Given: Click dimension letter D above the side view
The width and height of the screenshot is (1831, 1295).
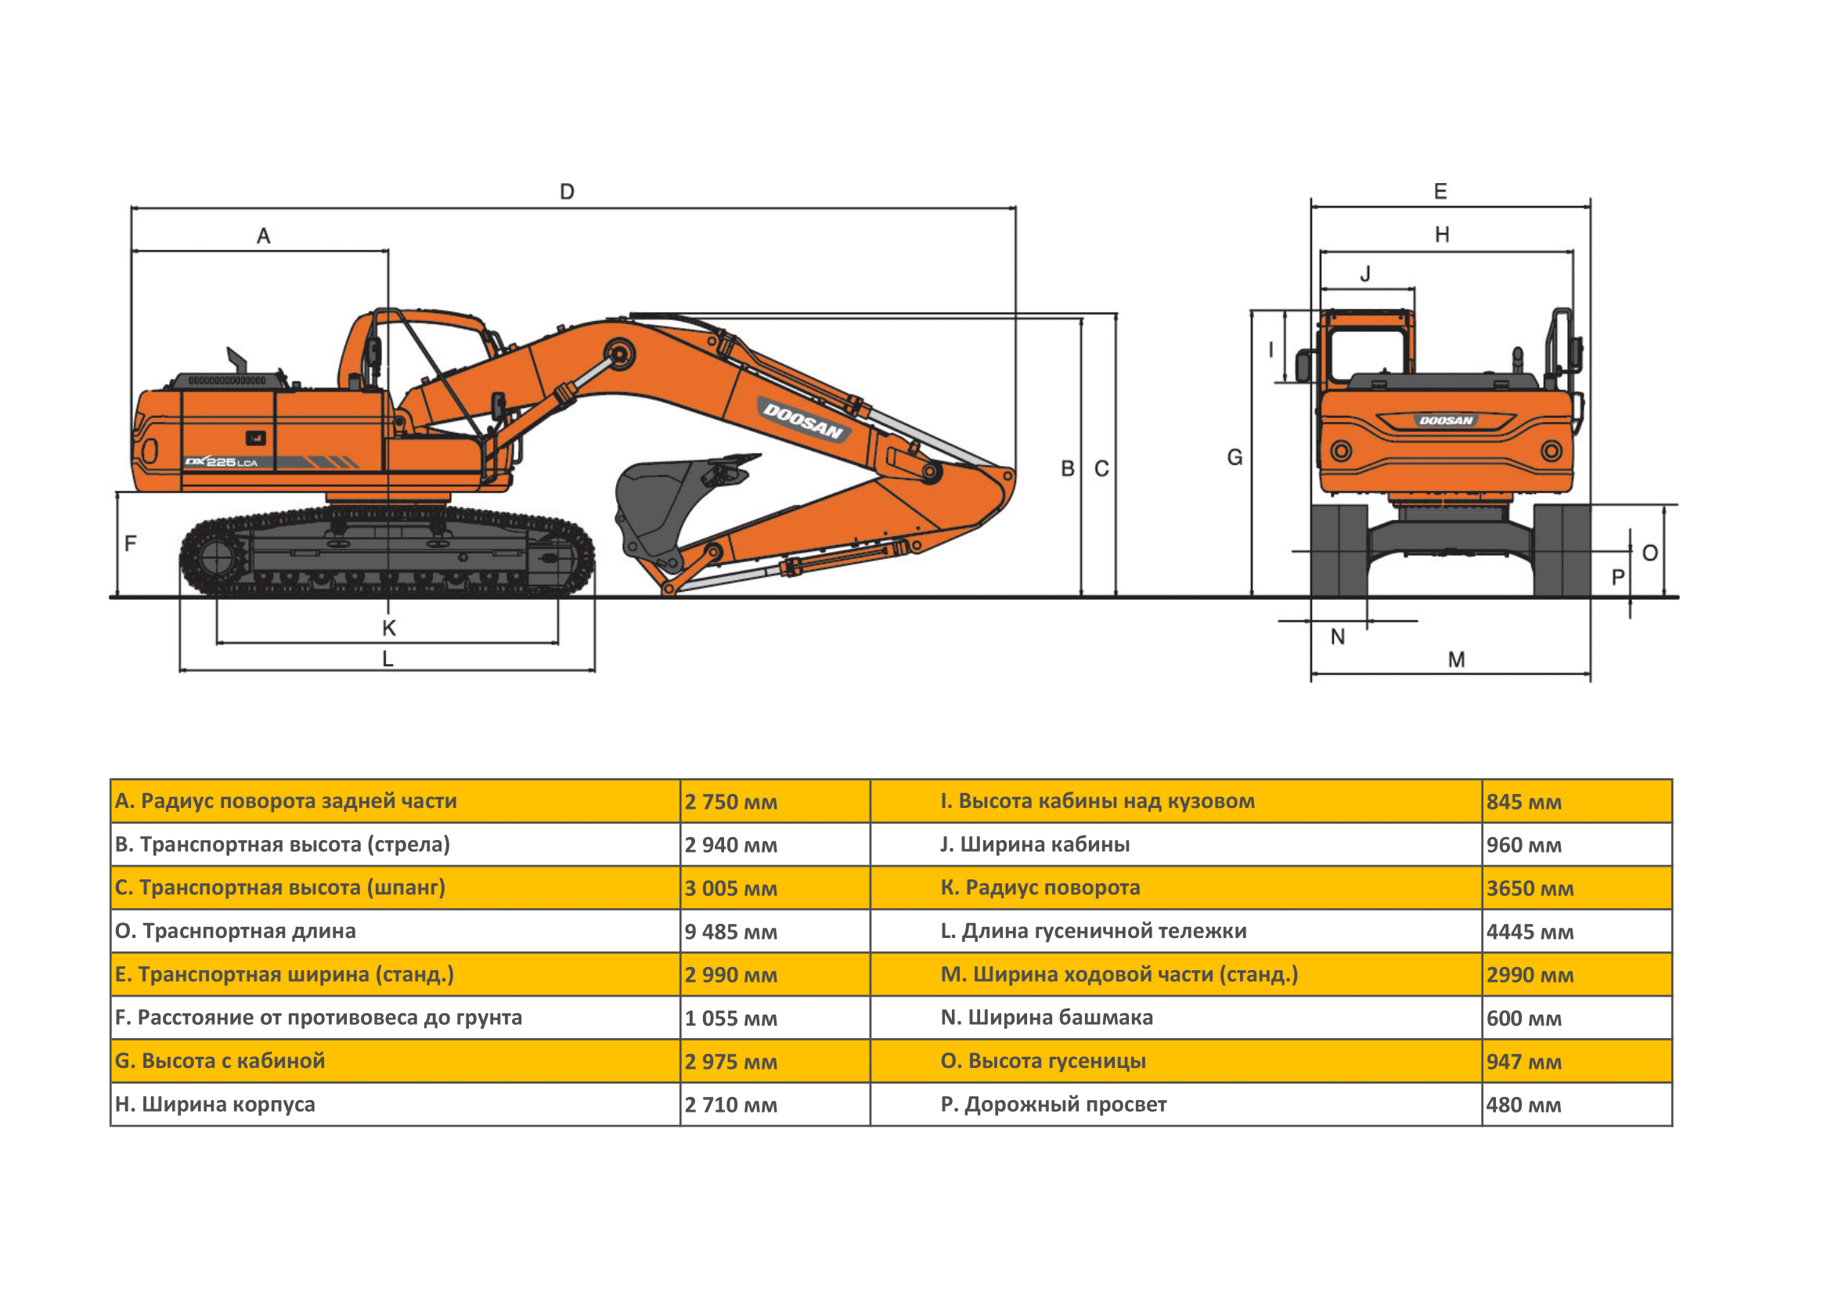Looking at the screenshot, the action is point(567,192).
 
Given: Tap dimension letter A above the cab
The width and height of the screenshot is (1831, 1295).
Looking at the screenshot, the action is point(263,236).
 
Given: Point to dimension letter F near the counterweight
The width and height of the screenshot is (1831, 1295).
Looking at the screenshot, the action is point(131,544).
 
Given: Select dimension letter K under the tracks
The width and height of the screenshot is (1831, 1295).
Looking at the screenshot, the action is point(389,629).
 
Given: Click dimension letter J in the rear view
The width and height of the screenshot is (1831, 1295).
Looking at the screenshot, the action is point(1365,274).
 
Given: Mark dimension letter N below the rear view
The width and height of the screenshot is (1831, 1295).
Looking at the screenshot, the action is point(1337,637).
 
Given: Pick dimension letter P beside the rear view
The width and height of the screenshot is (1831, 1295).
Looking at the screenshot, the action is point(1618,577).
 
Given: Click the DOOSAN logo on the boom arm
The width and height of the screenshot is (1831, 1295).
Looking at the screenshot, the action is point(803,420).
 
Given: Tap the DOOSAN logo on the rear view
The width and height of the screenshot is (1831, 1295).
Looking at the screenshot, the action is point(1446,420).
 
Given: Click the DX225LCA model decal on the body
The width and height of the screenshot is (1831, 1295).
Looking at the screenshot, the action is point(222,463).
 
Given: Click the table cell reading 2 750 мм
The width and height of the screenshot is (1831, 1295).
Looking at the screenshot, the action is point(730,803).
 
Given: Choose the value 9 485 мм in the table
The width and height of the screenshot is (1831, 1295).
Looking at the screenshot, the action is point(730,932).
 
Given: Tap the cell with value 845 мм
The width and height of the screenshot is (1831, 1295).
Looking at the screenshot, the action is point(1524,803).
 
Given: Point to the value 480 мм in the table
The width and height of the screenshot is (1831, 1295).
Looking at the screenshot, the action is point(1524,1106).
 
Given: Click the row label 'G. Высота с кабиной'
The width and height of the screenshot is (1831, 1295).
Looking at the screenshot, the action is point(220,1062).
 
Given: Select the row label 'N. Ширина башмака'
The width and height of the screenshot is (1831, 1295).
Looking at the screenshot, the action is point(1047,1019).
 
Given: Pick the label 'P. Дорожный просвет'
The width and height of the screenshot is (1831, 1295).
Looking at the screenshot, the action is point(1054,1106).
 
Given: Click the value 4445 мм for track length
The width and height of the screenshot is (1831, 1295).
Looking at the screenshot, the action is point(1530,932).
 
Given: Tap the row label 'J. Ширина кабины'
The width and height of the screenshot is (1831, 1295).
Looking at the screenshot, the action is point(1035,846).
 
